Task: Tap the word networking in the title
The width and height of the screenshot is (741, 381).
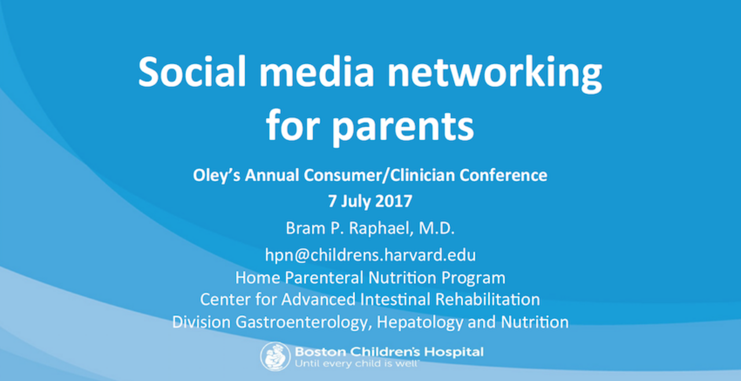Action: pyautogui.click(x=494, y=74)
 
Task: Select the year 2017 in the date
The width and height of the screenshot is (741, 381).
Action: pyautogui.click(x=394, y=201)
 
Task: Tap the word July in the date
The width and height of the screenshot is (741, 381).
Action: pyautogui.click(x=355, y=202)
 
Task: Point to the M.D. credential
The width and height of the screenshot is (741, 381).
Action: pyautogui.click(x=436, y=228)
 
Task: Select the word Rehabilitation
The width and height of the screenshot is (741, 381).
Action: pyautogui.click(x=487, y=299)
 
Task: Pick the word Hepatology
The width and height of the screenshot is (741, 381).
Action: pyautogui.click(x=420, y=323)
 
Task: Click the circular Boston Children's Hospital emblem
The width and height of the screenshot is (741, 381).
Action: pyautogui.click(x=275, y=357)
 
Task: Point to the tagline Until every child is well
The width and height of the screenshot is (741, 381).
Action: pyautogui.click(x=357, y=364)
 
